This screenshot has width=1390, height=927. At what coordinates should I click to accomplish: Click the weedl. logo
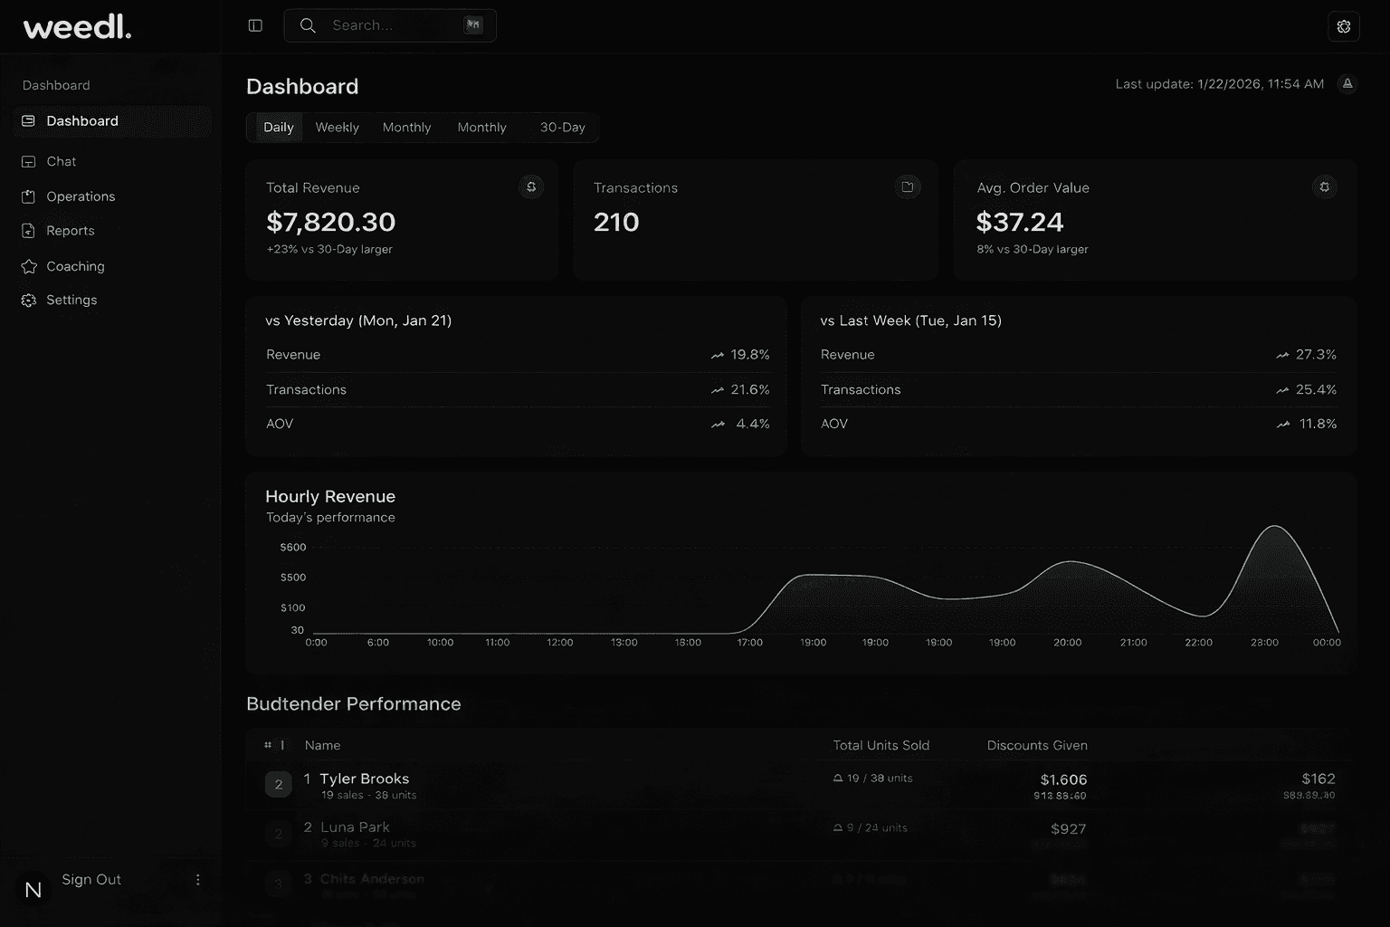tap(77, 27)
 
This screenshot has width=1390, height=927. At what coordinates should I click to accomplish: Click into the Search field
tap(389, 25)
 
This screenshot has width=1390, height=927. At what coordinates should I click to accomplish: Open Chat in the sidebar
tap(61, 161)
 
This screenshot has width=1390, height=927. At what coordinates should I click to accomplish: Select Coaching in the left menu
tap(75, 266)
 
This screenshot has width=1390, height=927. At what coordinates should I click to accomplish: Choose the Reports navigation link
tap(70, 231)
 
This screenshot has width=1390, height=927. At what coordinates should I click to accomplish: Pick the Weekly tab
tap(337, 128)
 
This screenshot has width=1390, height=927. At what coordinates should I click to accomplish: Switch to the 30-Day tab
tap(562, 128)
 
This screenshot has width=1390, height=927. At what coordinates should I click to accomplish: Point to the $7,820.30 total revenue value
tap(330, 222)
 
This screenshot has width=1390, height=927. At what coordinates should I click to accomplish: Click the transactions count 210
tap(616, 222)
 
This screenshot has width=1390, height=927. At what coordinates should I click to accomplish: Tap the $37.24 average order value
tap(1020, 222)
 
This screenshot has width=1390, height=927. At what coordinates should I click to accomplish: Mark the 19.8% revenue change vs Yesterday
tap(749, 355)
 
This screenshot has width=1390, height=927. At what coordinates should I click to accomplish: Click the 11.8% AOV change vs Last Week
tap(1317, 424)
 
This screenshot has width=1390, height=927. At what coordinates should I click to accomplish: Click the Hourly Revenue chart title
tap(330, 496)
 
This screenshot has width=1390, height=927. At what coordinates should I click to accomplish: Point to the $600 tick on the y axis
tap(293, 548)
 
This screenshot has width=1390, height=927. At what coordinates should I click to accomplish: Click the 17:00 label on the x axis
tap(749, 643)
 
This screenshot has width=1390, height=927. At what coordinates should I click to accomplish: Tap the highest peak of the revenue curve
tap(1275, 526)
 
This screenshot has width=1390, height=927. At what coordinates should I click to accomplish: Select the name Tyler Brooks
tap(364, 779)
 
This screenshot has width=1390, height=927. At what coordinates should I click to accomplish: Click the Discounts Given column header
tap(1037, 746)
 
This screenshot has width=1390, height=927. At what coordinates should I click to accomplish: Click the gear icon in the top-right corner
tap(1343, 26)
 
